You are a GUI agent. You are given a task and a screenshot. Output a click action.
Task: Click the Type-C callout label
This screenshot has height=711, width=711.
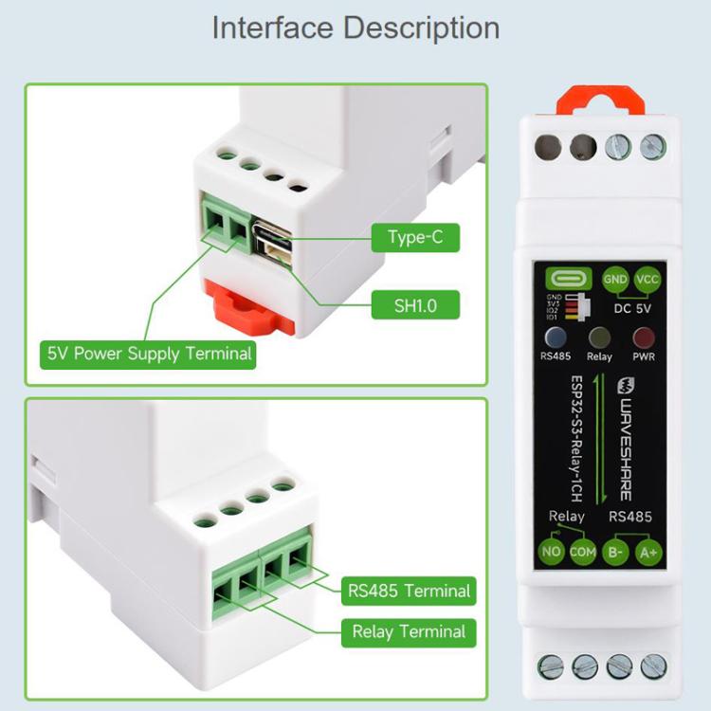tap(414, 237)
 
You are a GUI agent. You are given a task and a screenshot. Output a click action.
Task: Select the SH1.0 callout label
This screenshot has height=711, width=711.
tap(414, 305)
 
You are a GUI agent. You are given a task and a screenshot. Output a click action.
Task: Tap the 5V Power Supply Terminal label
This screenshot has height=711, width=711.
tap(150, 354)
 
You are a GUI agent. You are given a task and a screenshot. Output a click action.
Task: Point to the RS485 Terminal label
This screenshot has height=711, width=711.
tap(409, 591)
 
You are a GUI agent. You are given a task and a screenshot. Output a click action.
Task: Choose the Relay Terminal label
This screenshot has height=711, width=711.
tap(409, 631)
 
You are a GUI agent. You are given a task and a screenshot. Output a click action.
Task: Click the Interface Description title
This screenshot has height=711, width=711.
tap(355, 27)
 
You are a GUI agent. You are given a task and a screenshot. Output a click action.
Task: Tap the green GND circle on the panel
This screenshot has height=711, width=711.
tap(615, 280)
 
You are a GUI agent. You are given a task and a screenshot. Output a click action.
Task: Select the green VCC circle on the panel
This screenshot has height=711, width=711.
tap(648, 280)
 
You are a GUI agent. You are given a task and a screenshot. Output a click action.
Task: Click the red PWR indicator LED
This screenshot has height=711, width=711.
tap(645, 337)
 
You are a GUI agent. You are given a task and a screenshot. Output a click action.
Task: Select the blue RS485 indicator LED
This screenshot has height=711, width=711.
tap(556, 337)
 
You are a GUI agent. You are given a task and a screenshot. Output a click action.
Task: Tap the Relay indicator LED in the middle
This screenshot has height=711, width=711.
tap(599, 337)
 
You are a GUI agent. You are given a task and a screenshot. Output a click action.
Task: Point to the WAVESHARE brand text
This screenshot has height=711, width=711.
tap(625, 436)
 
